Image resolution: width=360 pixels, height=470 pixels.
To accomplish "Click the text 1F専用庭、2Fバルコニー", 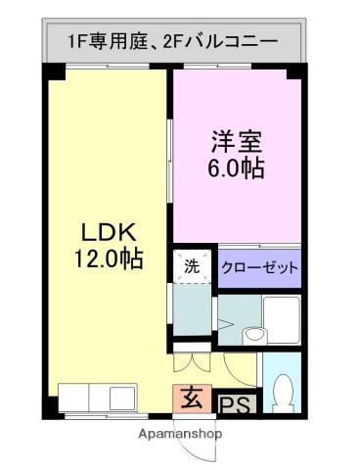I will [x=172, y=42].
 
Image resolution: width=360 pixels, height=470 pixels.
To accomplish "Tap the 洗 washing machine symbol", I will [x=192, y=265].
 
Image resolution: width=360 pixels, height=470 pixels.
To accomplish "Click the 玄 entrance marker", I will [x=192, y=399].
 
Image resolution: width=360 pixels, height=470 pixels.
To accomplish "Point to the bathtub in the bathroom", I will [x=281, y=319].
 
